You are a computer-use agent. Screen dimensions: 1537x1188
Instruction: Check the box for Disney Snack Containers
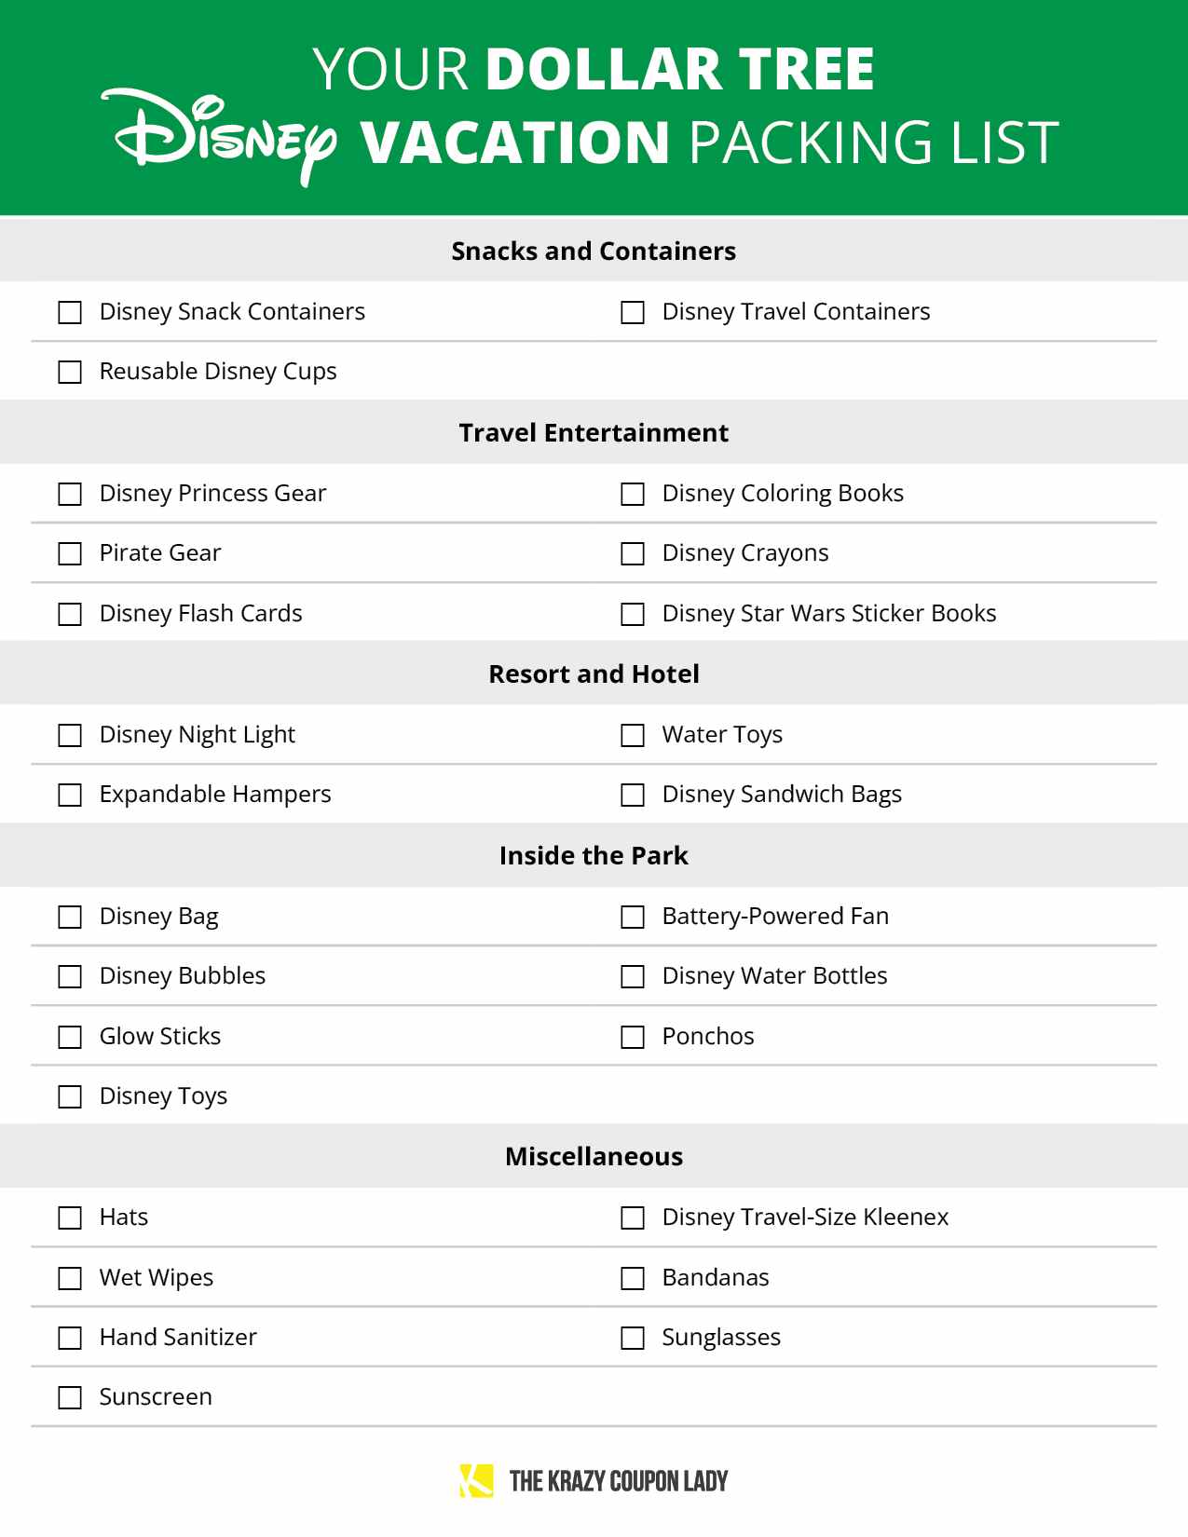point(70,312)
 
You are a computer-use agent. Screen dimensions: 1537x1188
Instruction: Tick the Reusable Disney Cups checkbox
point(70,372)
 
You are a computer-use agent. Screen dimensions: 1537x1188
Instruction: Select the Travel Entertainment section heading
point(594,432)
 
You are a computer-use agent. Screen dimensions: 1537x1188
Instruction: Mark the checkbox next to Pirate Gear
point(70,553)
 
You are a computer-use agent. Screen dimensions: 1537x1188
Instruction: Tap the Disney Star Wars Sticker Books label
point(828,613)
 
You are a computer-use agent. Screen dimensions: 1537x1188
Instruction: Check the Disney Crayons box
point(633,553)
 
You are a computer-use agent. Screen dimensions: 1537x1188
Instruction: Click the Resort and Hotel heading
point(594,673)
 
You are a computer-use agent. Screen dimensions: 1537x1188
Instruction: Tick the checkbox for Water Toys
point(633,735)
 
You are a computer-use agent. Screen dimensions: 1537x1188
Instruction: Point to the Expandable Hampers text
point(215,794)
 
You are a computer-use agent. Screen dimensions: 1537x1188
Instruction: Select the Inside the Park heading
point(594,855)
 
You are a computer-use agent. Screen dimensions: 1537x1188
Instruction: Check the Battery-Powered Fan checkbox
point(633,917)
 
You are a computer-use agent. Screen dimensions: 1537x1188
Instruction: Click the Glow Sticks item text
point(160,1036)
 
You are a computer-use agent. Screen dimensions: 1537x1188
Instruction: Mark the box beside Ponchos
point(633,1037)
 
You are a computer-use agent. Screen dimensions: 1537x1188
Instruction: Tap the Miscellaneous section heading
point(594,1156)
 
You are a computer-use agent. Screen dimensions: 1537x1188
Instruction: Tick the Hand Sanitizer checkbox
point(70,1338)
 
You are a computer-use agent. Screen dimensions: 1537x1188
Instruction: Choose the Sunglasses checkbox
point(633,1338)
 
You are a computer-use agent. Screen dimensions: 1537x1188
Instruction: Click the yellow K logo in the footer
point(476,1480)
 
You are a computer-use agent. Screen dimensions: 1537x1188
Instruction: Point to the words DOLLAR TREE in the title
point(680,69)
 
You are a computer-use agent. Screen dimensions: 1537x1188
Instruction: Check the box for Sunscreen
point(70,1397)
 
